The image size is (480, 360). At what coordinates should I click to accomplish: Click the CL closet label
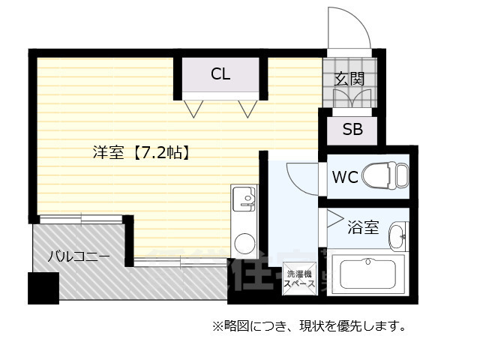220,73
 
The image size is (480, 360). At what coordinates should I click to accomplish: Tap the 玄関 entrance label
349,77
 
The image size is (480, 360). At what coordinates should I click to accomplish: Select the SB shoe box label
352,129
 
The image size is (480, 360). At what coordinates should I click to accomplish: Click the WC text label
345,178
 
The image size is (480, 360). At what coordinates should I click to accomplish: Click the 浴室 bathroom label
364,227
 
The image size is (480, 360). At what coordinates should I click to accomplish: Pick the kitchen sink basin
244,198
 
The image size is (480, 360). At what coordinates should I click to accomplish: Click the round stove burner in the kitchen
244,243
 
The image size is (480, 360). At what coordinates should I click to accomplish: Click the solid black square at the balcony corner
43,288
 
